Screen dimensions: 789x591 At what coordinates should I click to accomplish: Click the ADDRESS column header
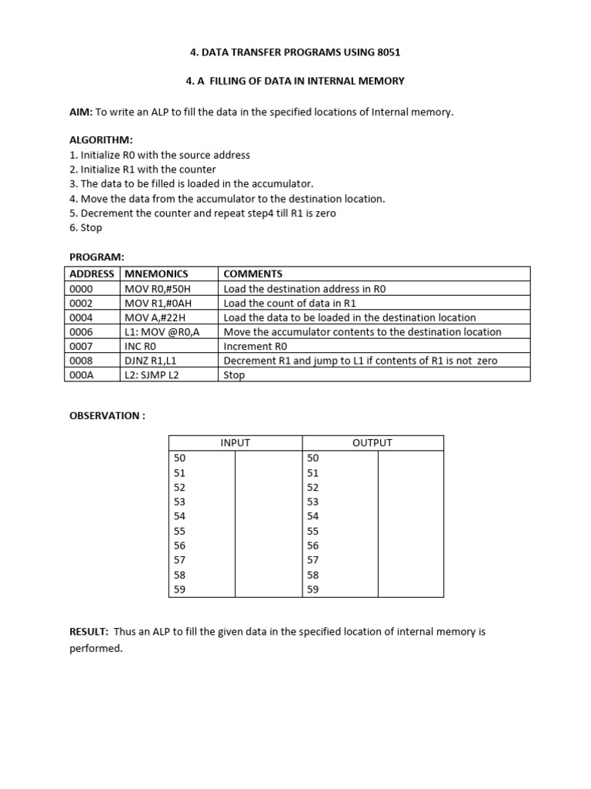[x=92, y=274]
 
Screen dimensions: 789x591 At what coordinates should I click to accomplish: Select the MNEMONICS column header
[x=156, y=274]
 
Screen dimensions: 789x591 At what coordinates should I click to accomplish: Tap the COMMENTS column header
[x=252, y=274]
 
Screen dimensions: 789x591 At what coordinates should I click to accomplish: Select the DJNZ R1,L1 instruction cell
[x=150, y=361]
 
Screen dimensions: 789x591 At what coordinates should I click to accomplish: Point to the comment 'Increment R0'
[x=255, y=346]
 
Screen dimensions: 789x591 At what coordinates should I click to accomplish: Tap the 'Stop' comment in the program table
[x=234, y=375]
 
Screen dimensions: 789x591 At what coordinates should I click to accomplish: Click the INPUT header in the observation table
[x=235, y=442]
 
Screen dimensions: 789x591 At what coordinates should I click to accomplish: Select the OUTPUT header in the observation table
[x=372, y=442]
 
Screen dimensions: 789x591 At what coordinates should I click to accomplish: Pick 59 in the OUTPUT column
[x=312, y=589]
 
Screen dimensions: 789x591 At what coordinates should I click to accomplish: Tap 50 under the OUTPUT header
[x=312, y=458]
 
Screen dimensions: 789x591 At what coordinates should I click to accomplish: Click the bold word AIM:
[x=81, y=112]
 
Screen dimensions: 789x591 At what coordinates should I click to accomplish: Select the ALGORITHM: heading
[x=101, y=140]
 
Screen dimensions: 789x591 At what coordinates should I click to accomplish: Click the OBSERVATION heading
[x=107, y=415]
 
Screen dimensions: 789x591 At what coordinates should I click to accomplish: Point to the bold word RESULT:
[x=89, y=632]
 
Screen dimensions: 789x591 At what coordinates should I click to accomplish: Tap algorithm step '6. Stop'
[x=85, y=227]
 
